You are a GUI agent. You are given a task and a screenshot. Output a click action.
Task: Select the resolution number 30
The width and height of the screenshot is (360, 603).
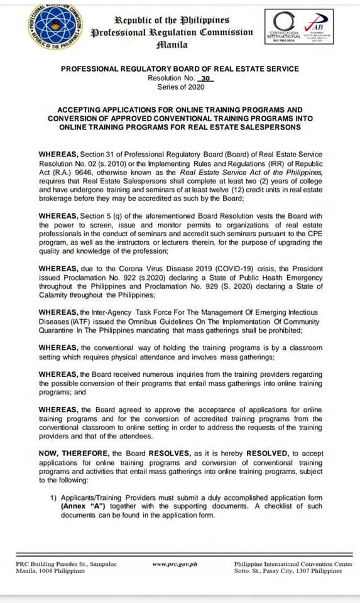point(205,78)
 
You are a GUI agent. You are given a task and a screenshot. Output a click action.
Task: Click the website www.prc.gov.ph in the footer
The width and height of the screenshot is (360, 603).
point(175,564)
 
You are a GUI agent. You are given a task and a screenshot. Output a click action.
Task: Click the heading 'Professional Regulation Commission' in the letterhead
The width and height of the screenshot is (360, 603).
point(172,32)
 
